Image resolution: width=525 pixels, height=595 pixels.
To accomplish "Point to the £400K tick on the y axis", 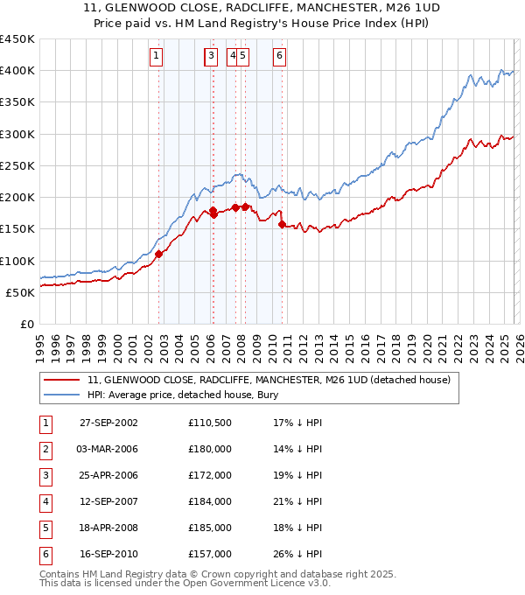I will tap(17, 71).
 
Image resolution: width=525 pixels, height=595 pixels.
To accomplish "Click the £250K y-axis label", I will tap(17, 165).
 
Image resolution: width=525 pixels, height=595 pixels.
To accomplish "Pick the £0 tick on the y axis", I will tap(26, 324).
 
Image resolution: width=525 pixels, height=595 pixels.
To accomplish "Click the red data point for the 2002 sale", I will tap(159, 254).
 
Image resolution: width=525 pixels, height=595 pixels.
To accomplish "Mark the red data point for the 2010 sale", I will tap(282, 225).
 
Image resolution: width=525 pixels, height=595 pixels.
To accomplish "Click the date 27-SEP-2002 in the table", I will tap(108, 423).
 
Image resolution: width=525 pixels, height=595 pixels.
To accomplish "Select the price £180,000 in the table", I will tap(209, 449).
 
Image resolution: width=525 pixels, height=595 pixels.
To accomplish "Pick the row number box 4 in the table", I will tap(45, 501).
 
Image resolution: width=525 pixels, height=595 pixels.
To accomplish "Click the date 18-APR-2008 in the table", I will tap(108, 528).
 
